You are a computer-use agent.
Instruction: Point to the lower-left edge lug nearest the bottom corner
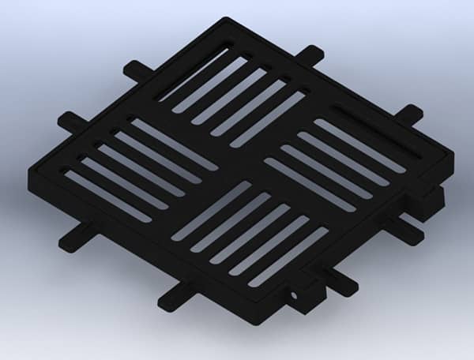(x=175, y=298)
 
